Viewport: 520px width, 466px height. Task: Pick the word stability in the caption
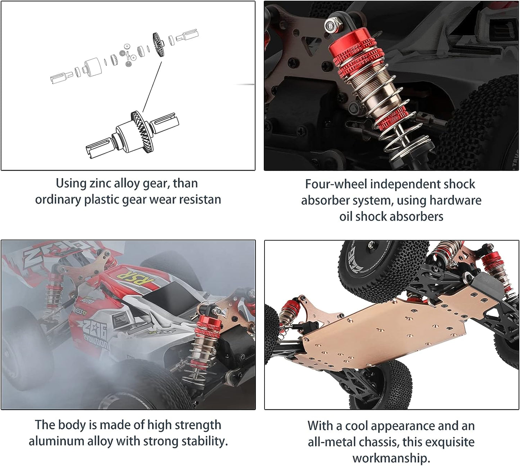(203, 441)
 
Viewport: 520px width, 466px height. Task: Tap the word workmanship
(391, 458)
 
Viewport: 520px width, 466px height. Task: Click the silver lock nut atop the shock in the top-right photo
(330, 25)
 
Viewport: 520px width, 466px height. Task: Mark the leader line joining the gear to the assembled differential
(152, 86)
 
